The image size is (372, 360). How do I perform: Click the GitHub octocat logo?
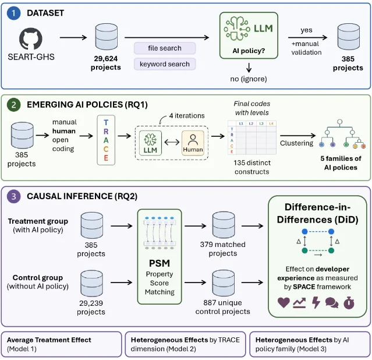pos(31,39)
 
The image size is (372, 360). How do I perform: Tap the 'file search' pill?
pos(165,48)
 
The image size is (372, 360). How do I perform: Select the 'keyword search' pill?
pos(165,64)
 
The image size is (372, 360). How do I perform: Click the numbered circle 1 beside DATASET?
pos(13,13)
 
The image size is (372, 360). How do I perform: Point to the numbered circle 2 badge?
pos(13,105)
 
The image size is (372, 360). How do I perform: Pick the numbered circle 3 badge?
pos(13,196)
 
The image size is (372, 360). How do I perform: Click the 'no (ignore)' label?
pos(249,79)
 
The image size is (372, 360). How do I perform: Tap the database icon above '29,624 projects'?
pos(107,37)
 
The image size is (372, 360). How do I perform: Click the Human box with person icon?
pos(193,143)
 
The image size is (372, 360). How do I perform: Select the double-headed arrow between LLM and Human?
pos(172,142)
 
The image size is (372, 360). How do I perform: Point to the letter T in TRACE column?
pos(106,122)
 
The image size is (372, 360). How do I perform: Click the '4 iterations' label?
pos(187,116)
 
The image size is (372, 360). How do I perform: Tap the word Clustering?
pos(296,143)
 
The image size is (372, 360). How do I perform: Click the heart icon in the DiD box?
pos(284,303)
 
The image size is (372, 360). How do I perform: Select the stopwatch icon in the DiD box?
pos(349,303)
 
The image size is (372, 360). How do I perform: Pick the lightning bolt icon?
pos(316,303)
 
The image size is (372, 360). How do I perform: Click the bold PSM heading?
pos(160,263)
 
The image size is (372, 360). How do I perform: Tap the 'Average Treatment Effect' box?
pos(62,344)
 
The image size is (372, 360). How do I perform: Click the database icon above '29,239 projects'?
pos(91,283)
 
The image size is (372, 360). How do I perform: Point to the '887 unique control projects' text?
pos(223,307)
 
